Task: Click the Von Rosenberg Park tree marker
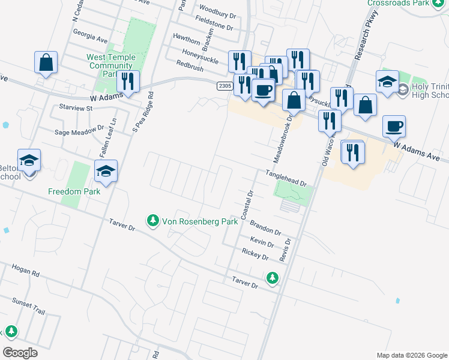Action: [154, 221]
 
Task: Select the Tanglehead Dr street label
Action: [286, 178]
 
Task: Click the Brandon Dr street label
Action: [265, 227]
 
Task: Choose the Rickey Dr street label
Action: [255, 254]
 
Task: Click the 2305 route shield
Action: [224, 86]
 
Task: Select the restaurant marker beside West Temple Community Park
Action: [128, 82]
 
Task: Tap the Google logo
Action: [20, 352]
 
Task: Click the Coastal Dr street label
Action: [247, 205]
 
